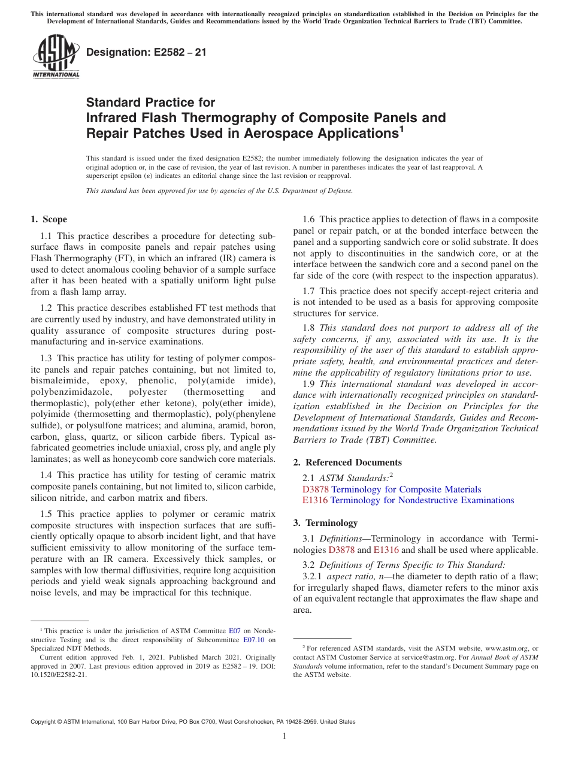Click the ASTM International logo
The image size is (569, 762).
click(55, 57)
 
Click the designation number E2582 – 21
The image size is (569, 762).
click(146, 52)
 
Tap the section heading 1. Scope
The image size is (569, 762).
click(49, 219)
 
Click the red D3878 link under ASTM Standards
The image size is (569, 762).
click(315, 489)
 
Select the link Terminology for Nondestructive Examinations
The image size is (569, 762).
click(422, 500)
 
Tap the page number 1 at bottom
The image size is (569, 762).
click(284, 736)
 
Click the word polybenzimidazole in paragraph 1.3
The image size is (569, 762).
click(70, 392)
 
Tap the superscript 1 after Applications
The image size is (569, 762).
click(402, 128)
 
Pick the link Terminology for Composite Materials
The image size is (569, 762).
click(406, 489)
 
